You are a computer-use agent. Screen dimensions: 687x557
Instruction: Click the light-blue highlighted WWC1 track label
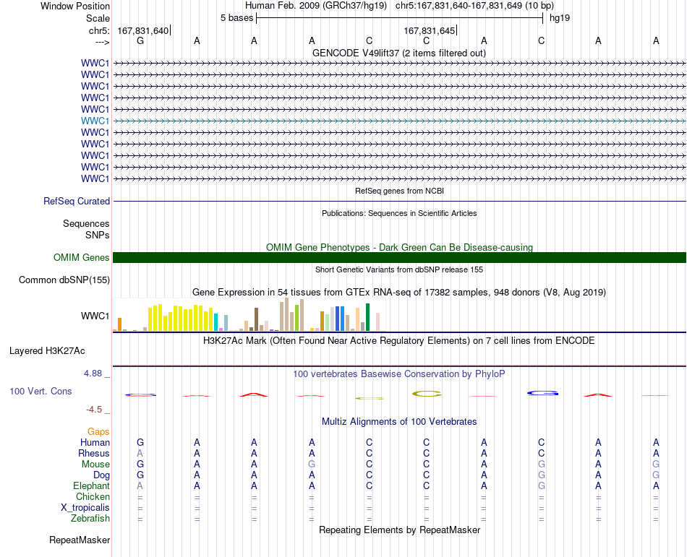pyautogui.click(x=95, y=121)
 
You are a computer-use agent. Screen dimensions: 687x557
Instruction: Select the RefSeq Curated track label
pyautogui.click(x=77, y=202)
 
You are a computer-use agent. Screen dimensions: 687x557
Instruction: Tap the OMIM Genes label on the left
pyautogui.click(x=82, y=257)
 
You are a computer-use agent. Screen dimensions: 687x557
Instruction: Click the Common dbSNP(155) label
pyautogui.click(x=64, y=280)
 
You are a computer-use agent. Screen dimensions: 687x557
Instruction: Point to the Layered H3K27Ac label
pyautogui.click(x=47, y=351)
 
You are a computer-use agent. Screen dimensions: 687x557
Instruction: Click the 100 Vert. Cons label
pyautogui.click(x=40, y=391)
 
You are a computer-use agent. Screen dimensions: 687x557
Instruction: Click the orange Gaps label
pyautogui.click(x=98, y=432)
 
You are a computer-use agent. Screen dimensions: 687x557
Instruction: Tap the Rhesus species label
pyautogui.click(x=94, y=453)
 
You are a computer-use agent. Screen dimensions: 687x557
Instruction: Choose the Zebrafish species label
pyautogui.click(x=90, y=519)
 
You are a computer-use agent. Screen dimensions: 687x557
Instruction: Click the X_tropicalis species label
pyautogui.click(x=85, y=508)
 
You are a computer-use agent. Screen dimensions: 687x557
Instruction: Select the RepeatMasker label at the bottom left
pyautogui.click(x=80, y=540)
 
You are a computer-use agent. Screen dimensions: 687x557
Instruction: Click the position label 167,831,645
pyautogui.click(x=430, y=30)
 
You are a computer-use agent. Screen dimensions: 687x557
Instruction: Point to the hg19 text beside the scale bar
pyautogui.click(x=560, y=18)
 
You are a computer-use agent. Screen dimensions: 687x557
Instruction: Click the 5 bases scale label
pyautogui.click(x=237, y=18)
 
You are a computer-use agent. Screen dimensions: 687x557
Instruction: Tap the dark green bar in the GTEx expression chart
pyautogui.click(x=368, y=317)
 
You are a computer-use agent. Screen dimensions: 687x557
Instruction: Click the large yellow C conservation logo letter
pyautogui.click(x=427, y=394)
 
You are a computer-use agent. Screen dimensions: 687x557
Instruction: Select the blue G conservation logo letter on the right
pyautogui.click(x=542, y=393)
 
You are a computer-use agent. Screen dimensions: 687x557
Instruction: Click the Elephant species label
pyautogui.click(x=92, y=485)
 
